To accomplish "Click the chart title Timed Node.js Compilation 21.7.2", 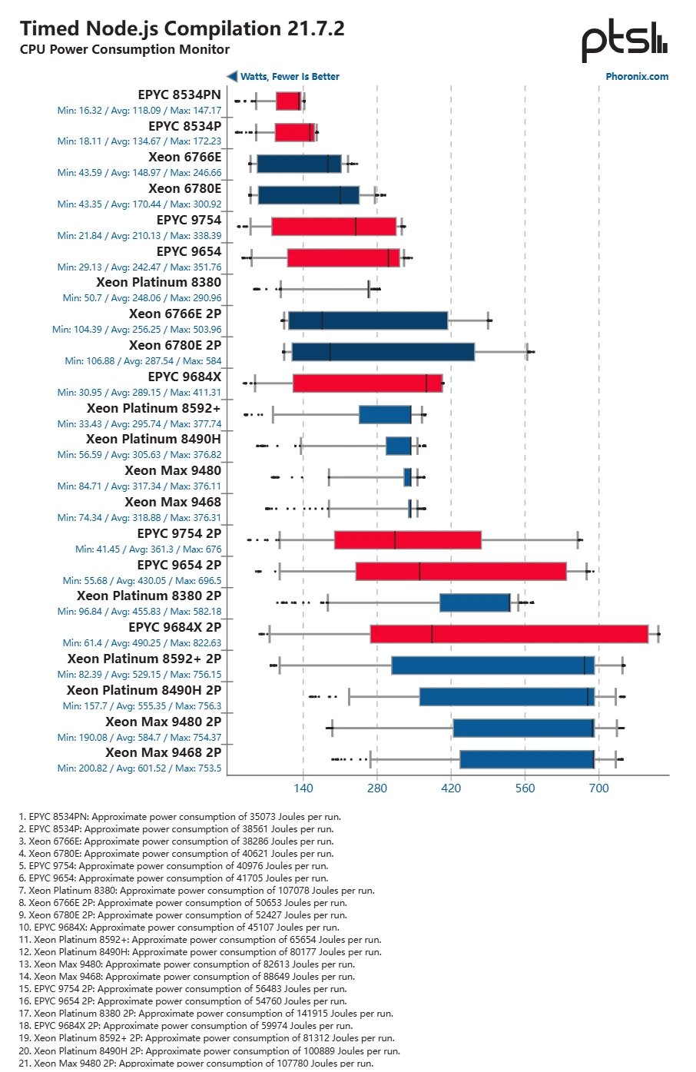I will point(182,28).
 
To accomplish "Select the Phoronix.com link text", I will point(637,76).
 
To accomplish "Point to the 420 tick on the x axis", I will point(451,788).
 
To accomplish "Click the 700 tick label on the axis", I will point(598,788).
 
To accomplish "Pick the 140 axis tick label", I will point(303,788).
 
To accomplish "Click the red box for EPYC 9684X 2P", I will point(509,634).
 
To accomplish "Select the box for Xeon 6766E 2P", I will point(368,320).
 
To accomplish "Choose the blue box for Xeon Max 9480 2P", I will point(523,728).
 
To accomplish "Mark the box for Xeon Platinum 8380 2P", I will point(475,602).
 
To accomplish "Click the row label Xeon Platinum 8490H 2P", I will point(144,690).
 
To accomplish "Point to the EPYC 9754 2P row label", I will point(179,533).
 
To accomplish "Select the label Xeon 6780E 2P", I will point(175,345).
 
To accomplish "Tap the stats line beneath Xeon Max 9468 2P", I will point(139,768).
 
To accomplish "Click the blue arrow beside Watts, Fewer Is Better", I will point(232,76).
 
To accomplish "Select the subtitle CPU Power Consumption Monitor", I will point(124,49).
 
